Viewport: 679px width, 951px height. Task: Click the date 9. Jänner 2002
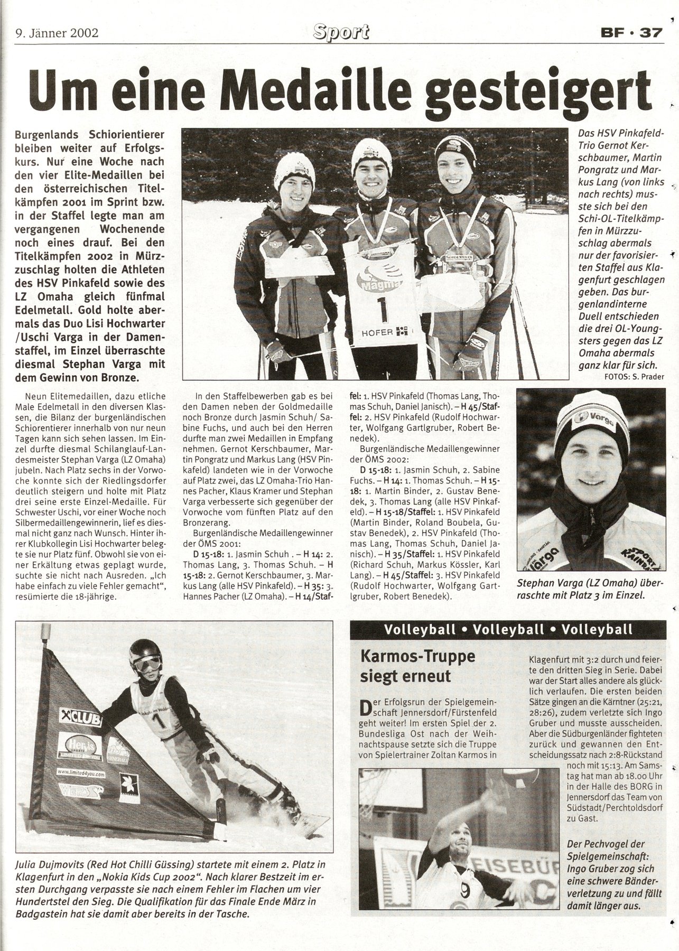(57, 33)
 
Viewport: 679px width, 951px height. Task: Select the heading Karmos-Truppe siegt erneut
(403, 666)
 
